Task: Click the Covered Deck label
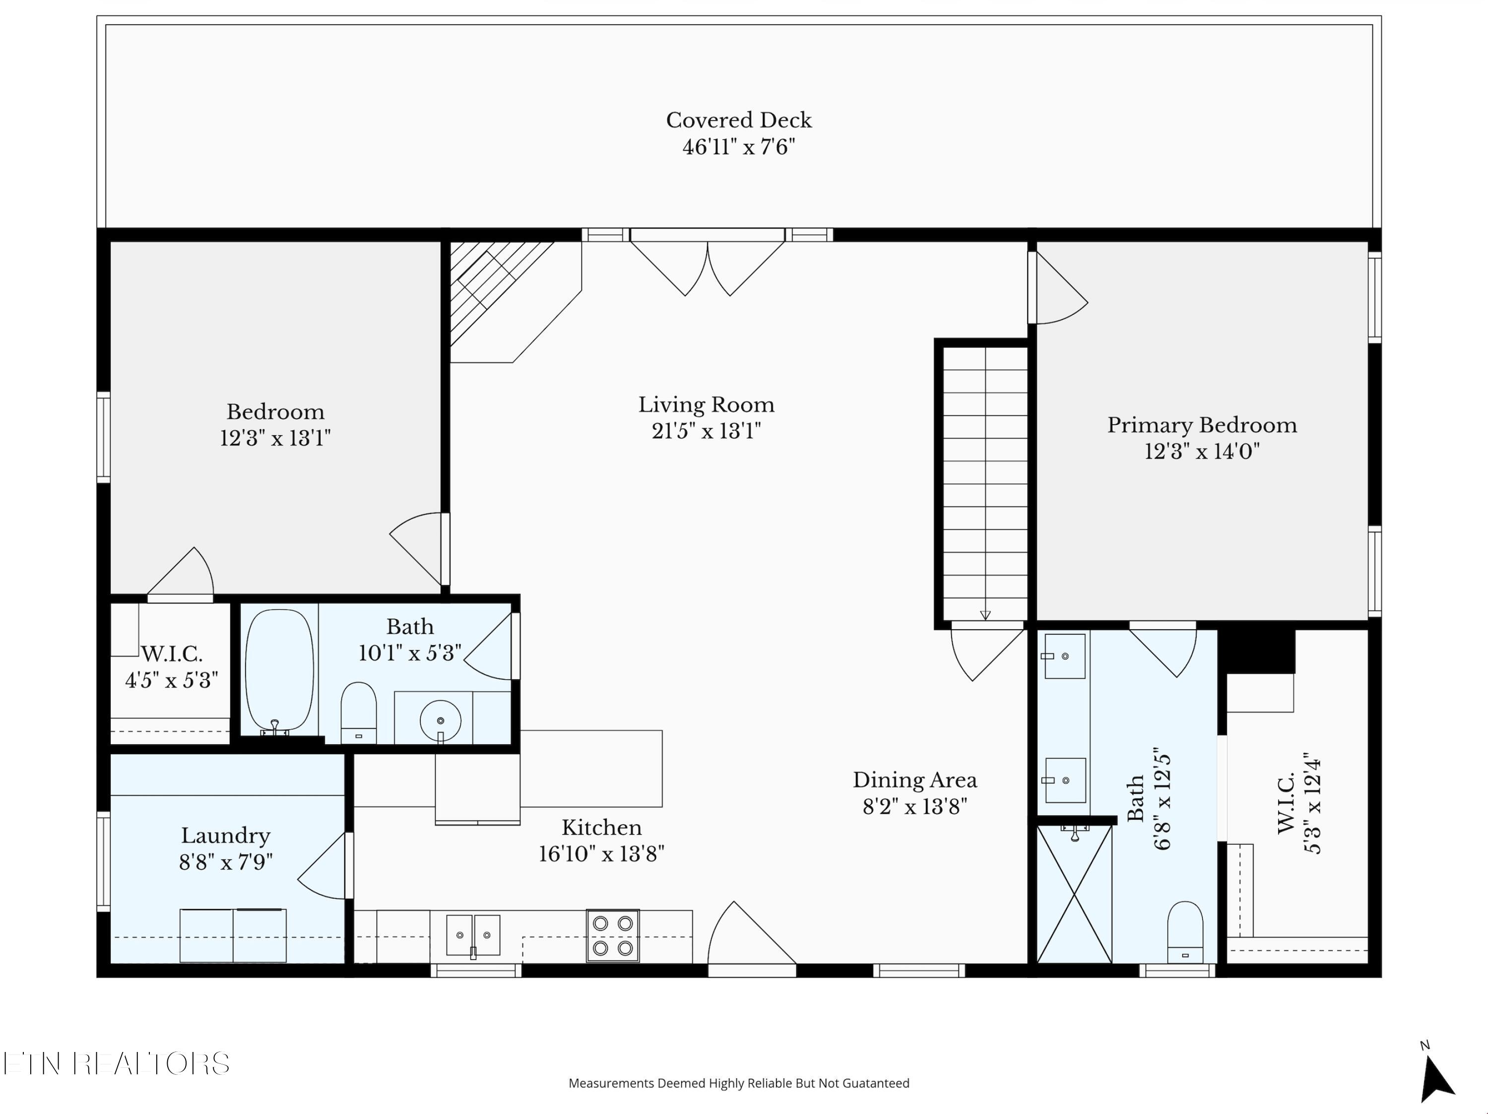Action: (739, 121)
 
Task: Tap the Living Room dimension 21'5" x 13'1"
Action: (707, 431)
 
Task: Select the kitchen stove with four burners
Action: (613, 935)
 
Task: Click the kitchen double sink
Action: (473, 935)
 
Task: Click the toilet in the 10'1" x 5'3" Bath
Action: (359, 713)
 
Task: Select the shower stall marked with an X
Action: (1074, 894)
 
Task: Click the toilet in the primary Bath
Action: (1185, 932)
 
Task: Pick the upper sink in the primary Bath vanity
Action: (1064, 656)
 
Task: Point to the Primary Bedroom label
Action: (1202, 425)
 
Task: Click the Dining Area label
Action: (915, 781)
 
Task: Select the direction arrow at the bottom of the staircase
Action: (985, 615)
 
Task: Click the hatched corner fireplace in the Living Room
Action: (501, 293)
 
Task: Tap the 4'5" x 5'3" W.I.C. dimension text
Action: (172, 681)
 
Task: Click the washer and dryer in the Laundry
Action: (233, 935)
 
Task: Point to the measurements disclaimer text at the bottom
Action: (739, 1083)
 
